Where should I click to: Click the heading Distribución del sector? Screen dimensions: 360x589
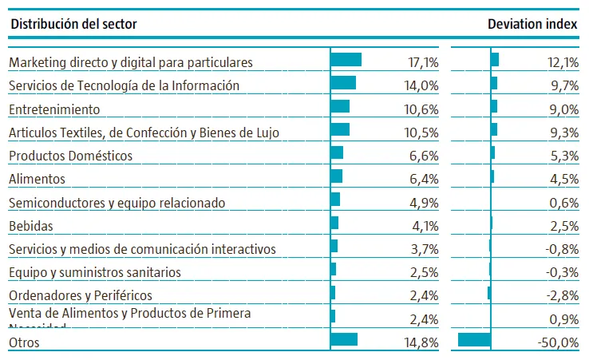tap(73, 24)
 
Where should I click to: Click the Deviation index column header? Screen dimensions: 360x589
tap(532, 24)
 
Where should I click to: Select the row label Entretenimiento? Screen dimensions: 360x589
tap(53, 109)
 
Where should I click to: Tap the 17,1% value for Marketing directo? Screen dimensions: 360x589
tap(423, 62)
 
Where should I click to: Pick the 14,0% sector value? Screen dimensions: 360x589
tap(423, 85)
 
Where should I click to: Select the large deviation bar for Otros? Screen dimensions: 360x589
tap(474, 340)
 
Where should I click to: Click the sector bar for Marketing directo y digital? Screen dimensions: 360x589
tap(346, 60)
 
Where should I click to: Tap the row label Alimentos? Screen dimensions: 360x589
tap(37, 179)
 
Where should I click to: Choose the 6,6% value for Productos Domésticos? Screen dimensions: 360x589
tap(425, 156)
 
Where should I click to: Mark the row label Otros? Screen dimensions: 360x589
tap(24, 342)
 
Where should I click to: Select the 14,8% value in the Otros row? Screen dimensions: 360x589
tap(423, 342)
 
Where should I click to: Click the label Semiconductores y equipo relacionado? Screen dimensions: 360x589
tap(117, 203)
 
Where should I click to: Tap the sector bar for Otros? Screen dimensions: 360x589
tap(344, 340)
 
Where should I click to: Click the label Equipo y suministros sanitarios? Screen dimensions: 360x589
tap(94, 272)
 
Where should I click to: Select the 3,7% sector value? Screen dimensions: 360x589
tap(425, 249)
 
